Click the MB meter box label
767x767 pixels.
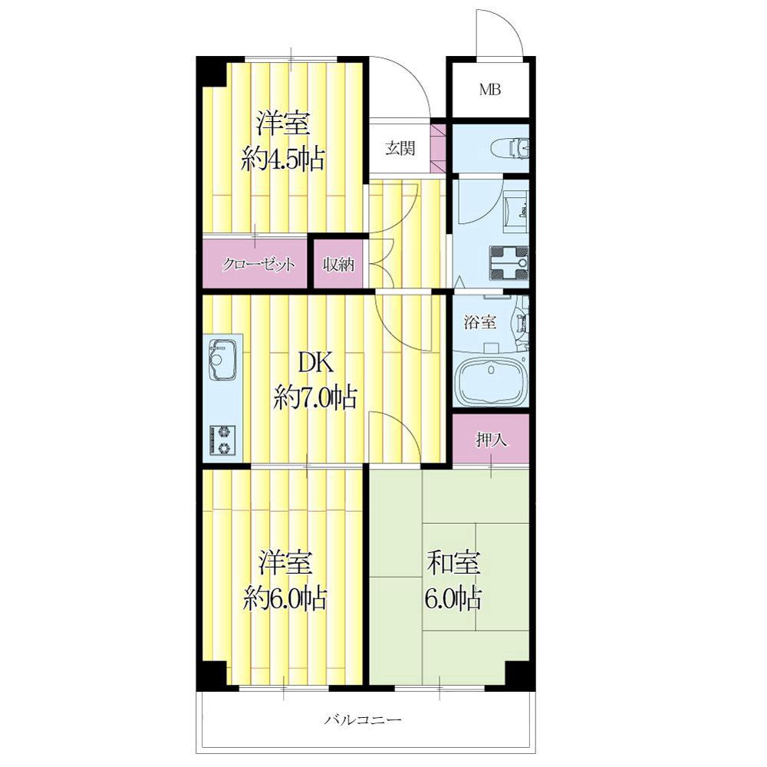tap(490, 90)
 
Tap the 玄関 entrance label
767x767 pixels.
tap(400, 148)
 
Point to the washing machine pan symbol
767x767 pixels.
tap(509, 264)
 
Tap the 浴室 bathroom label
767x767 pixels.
tap(480, 322)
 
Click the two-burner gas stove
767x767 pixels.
tap(223, 439)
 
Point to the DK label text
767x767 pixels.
tap(315, 363)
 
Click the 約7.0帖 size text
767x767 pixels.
tap(315, 397)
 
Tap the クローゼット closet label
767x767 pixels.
tap(258, 265)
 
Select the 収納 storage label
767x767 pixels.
tap(338, 265)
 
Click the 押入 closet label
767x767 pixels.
tap(492, 440)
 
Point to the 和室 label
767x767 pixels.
tap(453, 562)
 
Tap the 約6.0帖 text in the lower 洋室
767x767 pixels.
tap(285, 597)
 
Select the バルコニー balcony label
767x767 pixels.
tap(363, 719)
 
